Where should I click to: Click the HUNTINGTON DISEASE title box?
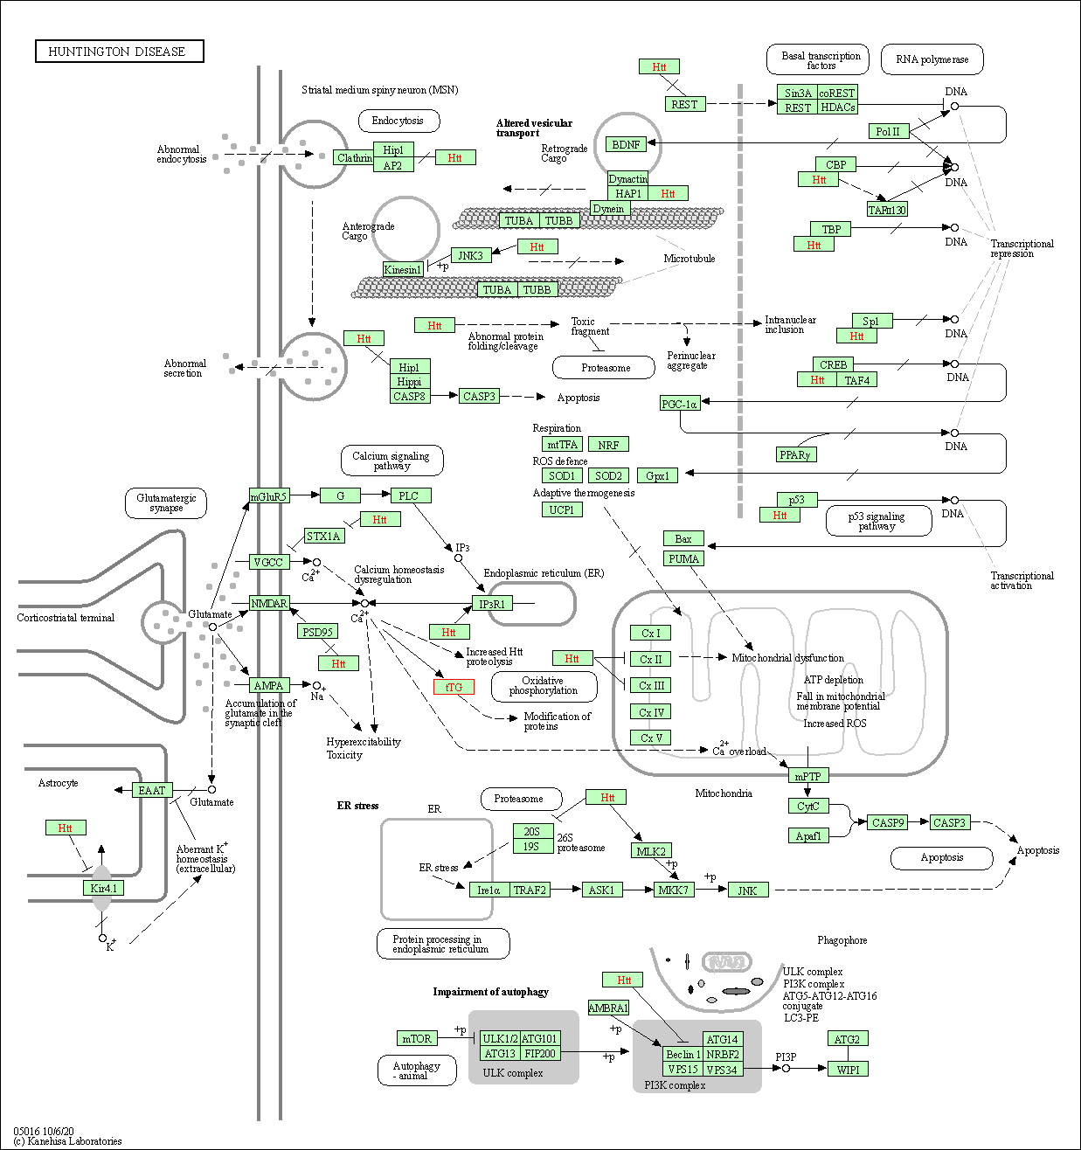point(119,52)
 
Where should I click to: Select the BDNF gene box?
point(626,144)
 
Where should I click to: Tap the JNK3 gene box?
point(470,255)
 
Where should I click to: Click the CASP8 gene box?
point(409,396)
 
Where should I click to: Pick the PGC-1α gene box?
point(679,404)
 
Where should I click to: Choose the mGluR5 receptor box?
point(268,496)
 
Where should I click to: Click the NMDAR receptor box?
point(268,603)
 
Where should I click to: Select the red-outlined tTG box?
point(454,687)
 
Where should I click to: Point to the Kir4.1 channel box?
point(103,888)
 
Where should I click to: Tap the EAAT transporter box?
point(152,790)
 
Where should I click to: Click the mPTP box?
point(807,776)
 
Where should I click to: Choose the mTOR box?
point(416,1038)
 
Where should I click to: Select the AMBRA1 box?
point(608,1008)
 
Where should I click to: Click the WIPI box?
point(848,1069)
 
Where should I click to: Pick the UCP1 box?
point(561,509)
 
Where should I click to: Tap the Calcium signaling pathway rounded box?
point(391,461)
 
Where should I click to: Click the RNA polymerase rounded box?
point(932,59)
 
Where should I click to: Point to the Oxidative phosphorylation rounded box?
point(544,686)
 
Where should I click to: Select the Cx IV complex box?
point(651,712)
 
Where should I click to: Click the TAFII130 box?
point(887,210)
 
